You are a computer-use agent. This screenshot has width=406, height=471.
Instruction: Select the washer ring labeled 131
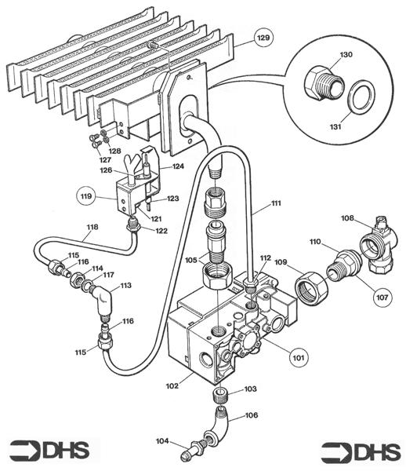361,97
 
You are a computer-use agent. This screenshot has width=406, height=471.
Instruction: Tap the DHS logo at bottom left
49,450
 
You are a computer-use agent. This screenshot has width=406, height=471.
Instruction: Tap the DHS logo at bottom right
361,452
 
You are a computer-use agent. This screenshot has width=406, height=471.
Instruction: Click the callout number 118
92,228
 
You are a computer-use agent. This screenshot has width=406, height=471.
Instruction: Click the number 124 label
178,166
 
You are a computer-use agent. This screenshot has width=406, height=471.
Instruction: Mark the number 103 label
250,389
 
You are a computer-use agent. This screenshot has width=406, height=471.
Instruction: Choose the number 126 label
105,170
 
